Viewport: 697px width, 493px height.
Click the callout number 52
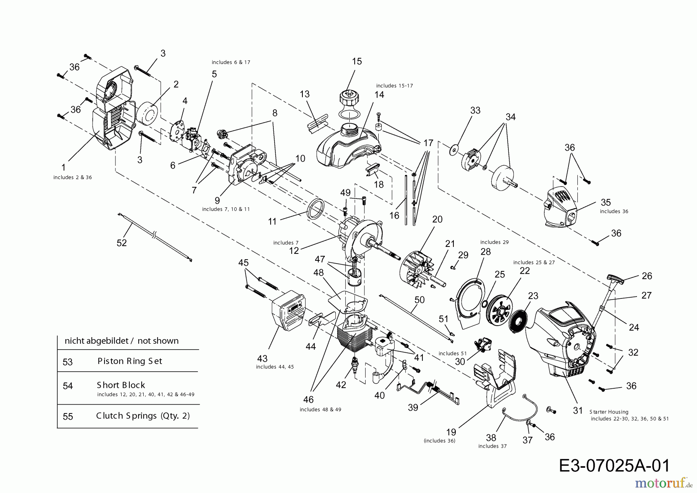(122, 243)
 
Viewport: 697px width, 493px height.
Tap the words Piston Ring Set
(130, 361)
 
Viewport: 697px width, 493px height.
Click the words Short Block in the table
(121, 385)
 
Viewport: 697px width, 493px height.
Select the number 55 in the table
(68, 416)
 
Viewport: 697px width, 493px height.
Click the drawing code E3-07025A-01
(615, 465)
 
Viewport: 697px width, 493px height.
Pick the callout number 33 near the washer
(475, 110)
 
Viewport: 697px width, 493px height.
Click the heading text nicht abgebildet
(96, 341)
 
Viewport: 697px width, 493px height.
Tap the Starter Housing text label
(609, 412)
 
